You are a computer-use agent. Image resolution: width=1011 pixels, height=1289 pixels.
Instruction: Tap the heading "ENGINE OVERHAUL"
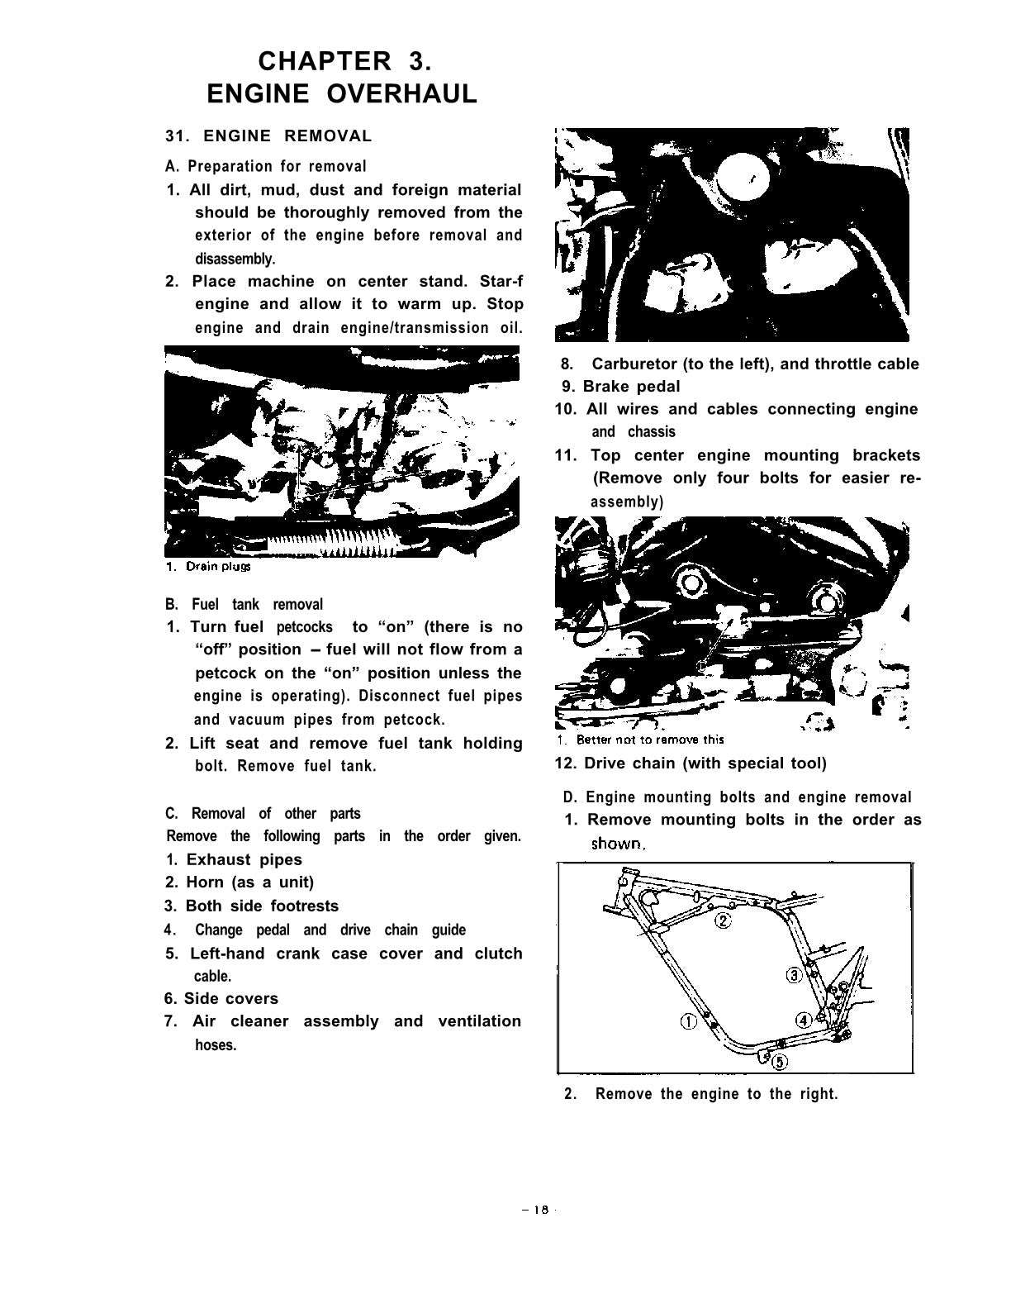coord(342,93)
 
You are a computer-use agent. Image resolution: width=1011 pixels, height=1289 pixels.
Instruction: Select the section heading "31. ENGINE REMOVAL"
coord(269,136)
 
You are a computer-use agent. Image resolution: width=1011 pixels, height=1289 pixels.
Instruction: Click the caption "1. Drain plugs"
coord(207,567)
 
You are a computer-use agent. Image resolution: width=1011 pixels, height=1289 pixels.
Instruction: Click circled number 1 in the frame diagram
coord(687,1021)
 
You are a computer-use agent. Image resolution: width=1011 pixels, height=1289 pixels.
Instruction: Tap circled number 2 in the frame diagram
coord(723,921)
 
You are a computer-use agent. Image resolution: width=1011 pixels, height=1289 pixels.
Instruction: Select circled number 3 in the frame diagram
coord(794,975)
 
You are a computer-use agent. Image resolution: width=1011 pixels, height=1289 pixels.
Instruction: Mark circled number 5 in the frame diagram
coord(781,1061)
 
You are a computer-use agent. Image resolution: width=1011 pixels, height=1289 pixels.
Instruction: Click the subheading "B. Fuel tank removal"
coord(244,604)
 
